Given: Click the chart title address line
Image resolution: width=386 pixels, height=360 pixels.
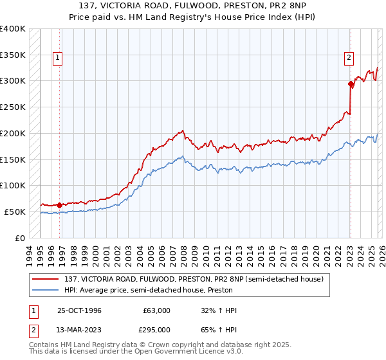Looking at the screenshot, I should [x=193, y=6].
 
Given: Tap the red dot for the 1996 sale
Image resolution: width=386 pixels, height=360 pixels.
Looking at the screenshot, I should [x=59, y=205].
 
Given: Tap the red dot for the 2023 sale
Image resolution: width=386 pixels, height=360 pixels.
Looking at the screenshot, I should [x=351, y=83].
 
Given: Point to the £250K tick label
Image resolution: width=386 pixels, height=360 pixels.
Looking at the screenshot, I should [x=13, y=107].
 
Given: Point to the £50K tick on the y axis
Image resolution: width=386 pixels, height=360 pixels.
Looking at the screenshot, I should [x=15, y=212].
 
